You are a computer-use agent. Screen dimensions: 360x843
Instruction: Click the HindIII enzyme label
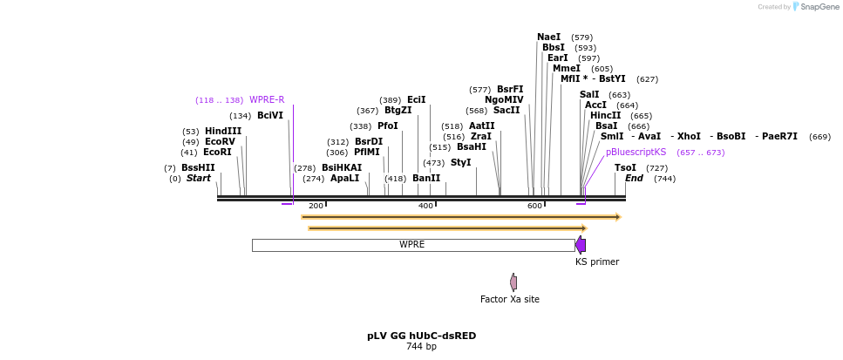click(x=223, y=132)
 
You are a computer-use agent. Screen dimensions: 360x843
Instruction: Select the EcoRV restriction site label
click(x=220, y=142)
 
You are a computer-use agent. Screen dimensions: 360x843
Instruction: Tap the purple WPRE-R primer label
click(x=267, y=99)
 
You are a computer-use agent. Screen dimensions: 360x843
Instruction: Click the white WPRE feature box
click(x=412, y=245)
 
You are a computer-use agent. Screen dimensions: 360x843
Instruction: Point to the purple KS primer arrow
click(x=581, y=245)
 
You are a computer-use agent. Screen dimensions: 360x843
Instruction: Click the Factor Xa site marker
click(x=513, y=282)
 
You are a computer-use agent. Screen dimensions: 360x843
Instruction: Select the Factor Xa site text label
click(x=510, y=299)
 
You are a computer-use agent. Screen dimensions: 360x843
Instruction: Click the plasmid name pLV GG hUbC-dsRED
click(x=421, y=336)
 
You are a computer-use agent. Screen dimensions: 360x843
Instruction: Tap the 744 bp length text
click(x=421, y=347)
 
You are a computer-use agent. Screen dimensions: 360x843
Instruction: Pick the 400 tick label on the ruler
click(x=425, y=206)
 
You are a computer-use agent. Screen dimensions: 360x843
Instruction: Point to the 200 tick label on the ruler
click(x=316, y=206)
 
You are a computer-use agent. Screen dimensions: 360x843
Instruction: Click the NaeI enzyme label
click(x=549, y=37)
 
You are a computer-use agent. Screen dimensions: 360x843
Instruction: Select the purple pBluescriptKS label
click(x=636, y=153)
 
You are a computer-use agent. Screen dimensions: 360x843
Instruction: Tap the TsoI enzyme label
click(x=625, y=168)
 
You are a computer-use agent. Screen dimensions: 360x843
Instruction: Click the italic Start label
click(x=199, y=179)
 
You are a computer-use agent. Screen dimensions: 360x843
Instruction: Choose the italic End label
click(x=634, y=179)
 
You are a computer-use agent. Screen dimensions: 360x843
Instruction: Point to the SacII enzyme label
click(x=506, y=111)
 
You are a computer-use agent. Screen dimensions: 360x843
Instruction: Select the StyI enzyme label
click(x=461, y=163)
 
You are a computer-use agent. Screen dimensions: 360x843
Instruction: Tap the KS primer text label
click(x=597, y=262)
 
